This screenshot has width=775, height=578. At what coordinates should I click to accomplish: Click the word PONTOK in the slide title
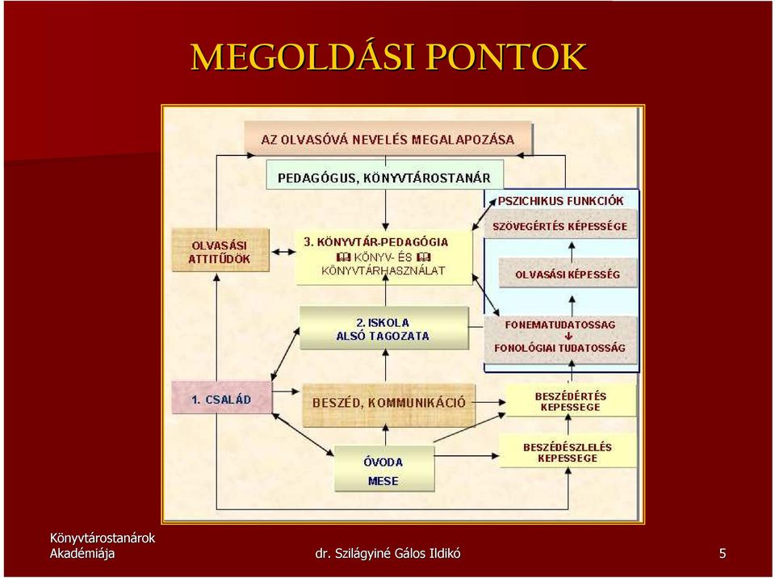point(506,57)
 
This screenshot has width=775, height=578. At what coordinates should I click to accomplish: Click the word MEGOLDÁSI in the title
point(302,57)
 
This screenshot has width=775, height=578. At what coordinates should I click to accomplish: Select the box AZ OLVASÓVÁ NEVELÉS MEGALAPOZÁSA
point(388,139)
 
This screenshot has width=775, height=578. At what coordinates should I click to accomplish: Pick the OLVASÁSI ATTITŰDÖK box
point(220,250)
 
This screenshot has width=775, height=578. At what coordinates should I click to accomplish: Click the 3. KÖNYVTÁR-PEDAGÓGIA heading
point(376,242)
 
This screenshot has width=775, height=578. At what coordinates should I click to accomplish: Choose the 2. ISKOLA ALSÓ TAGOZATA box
point(383,329)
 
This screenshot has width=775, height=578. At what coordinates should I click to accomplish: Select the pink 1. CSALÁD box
point(222,397)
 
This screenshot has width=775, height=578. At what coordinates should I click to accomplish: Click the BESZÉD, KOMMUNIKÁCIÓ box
point(388,404)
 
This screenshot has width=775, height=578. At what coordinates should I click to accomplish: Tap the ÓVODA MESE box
point(384,468)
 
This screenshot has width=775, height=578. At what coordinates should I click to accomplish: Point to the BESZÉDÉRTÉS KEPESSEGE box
point(570,400)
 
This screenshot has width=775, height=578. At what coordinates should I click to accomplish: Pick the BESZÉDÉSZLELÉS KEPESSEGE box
point(568,451)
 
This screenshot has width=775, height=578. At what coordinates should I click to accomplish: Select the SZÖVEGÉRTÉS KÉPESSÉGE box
point(560,225)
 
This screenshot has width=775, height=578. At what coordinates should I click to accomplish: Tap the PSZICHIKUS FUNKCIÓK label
point(560,201)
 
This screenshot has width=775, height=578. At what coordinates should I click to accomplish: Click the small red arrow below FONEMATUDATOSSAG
point(568,336)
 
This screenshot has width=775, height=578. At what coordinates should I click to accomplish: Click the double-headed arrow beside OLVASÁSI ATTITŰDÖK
point(283,252)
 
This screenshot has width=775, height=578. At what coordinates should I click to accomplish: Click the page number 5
point(723,553)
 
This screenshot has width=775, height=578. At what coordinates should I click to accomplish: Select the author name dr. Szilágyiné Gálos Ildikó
point(387,553)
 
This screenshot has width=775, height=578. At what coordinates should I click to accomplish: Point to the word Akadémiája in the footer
point(82,553)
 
